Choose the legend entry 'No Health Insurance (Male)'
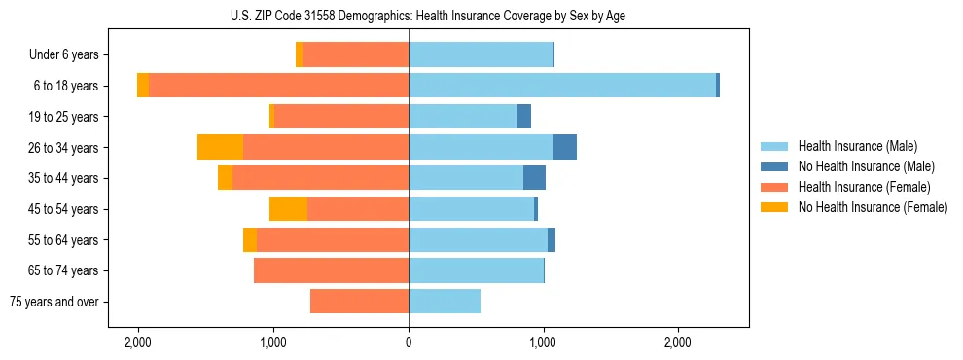(866, 166)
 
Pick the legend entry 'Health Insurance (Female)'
(864, 187)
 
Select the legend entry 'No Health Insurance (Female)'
(873, 207)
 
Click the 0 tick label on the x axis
(409, 342)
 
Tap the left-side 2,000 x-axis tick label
(138, 342)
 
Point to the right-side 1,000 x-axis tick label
(543, 342)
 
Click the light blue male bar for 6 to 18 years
(562, 86)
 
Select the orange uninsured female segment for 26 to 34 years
(220, 147)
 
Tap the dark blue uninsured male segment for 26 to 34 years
(564, 147)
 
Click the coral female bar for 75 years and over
(359, 302)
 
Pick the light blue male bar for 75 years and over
(445, 302)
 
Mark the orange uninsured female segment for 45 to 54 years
(288, 209)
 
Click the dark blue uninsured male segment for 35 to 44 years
(534, 178)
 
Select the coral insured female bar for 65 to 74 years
(331, 270)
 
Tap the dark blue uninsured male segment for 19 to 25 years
(523, 117)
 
